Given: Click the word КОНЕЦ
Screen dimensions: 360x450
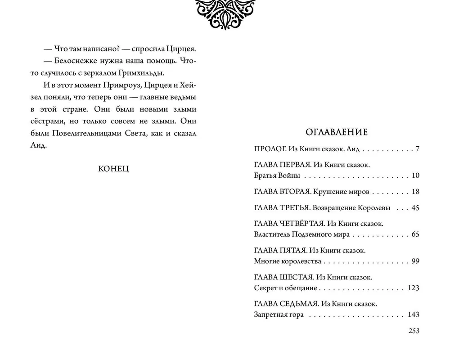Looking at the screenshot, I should point(113,169).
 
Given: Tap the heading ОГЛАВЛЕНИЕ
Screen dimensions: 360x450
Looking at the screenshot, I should point(337,132).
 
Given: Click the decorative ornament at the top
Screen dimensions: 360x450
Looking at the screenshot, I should point(224,13).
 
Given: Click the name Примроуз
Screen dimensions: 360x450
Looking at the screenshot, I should point(115,85).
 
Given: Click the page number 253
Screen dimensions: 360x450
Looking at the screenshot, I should point(414,331).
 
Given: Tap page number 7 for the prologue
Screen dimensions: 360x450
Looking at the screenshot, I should point(418,149).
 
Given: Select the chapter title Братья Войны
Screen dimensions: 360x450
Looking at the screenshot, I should point(277,175).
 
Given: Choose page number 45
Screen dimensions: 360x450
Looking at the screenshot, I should point(415,208).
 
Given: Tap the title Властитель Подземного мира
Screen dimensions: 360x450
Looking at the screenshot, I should point(301,234).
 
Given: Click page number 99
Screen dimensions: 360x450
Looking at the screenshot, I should point(415,261).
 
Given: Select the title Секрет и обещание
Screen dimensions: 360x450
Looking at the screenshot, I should point(285,288).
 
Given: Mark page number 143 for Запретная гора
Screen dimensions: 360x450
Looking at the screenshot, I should point(413,315).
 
